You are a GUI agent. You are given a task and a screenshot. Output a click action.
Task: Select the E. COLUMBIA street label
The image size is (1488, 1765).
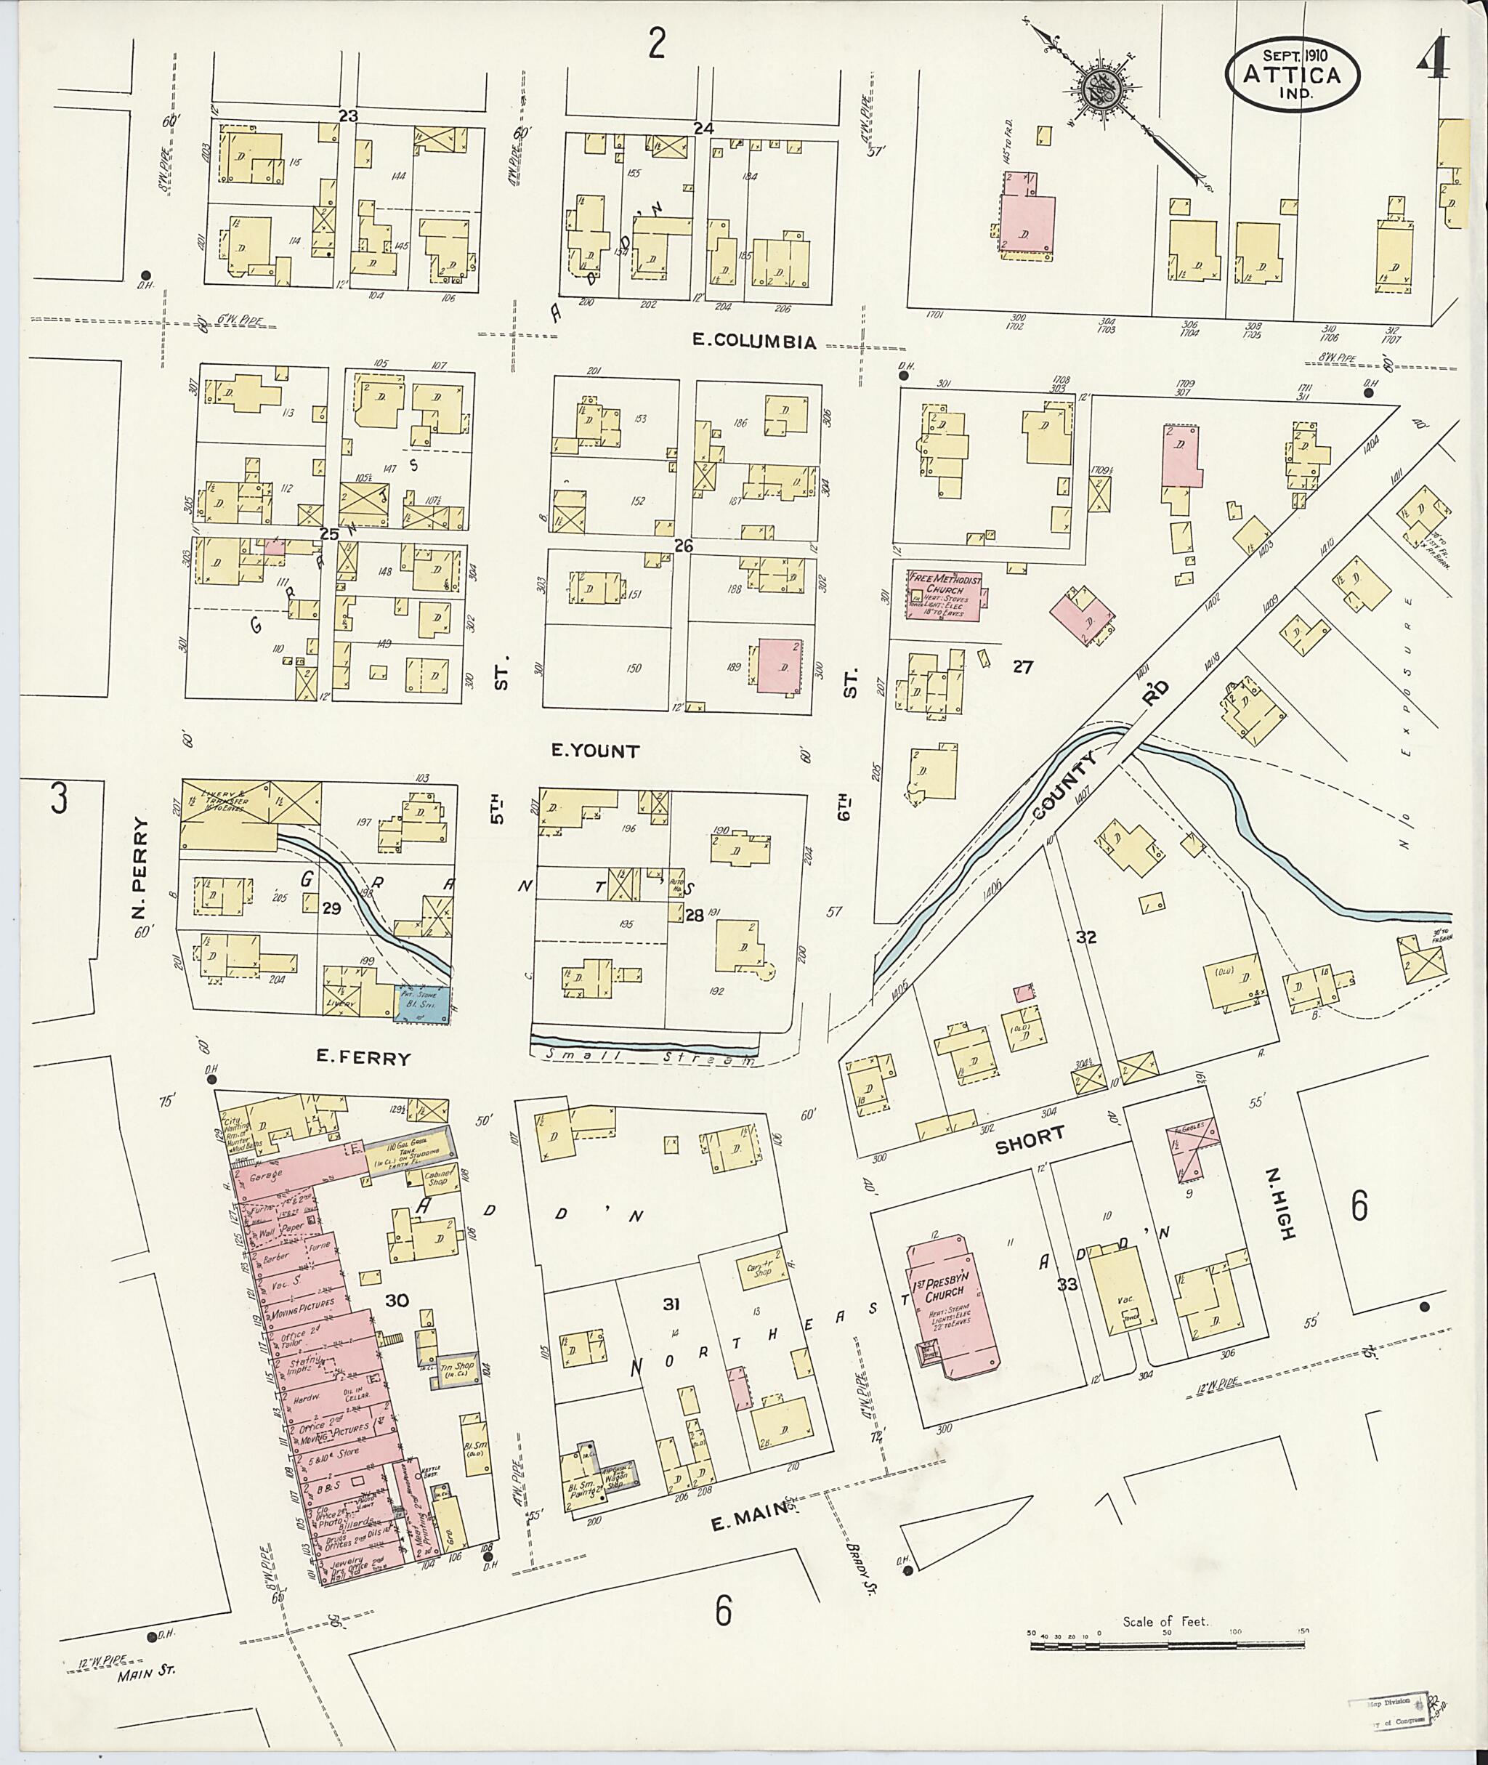[x=754, y=342]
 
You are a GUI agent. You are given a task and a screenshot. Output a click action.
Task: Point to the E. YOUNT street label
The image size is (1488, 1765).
[x=595, y=751]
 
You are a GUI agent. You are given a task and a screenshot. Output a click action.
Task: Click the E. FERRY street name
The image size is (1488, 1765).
[x=363, y=1057]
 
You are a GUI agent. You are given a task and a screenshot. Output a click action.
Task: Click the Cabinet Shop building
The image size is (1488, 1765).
[x=440, y=1177]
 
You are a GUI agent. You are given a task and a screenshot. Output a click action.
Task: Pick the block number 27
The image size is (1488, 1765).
[x=1022, y=667]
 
